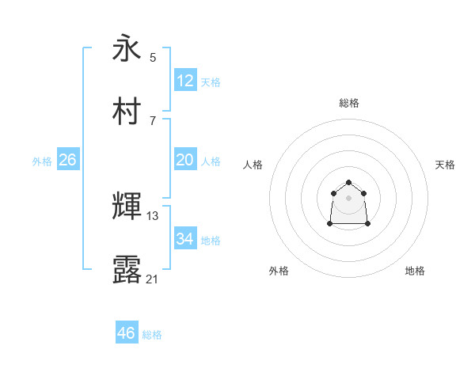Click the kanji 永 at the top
(x=127, y=49)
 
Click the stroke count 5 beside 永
(x=153, y=57)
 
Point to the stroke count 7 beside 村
(x=153, y=120)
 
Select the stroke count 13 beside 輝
(x=153, y=215)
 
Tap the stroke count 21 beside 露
(x=153, y=279)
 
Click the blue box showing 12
(x=184, y=81)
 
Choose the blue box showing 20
(x=184, y=160)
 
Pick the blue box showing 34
(x=184, y=239)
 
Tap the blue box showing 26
(x=67, y=160)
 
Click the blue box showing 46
(x=126, y=333)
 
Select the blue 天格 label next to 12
(x=211, y=82)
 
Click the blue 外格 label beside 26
(x=42, y=161)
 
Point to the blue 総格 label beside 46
(x=152, y=335)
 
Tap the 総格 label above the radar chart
(x=349, y=103)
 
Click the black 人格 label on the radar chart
(x=253, y=165)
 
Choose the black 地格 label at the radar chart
(x=415, y=271)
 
